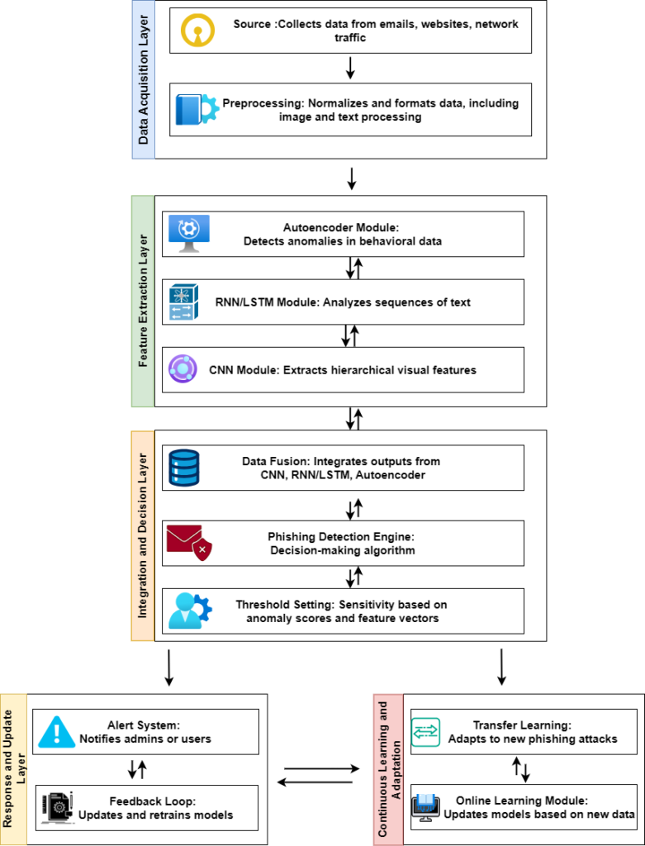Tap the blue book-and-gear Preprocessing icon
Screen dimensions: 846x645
coord(197,110)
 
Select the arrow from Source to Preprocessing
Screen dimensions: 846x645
coord(350,68)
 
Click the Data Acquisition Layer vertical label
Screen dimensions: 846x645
coord(144,79)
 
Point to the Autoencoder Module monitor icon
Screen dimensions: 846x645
coord(188,234)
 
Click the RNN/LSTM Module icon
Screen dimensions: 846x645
coord(183,302)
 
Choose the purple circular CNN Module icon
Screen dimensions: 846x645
coord(183,369)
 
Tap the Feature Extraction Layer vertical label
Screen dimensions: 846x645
coord(143,302)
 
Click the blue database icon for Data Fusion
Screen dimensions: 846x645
coord(183,468)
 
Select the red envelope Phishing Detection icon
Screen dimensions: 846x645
coord(188,543)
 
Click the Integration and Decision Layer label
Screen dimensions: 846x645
coord(142,535)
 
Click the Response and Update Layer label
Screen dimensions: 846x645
coord(13,768)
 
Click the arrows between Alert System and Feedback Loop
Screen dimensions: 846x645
coord(137,770)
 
